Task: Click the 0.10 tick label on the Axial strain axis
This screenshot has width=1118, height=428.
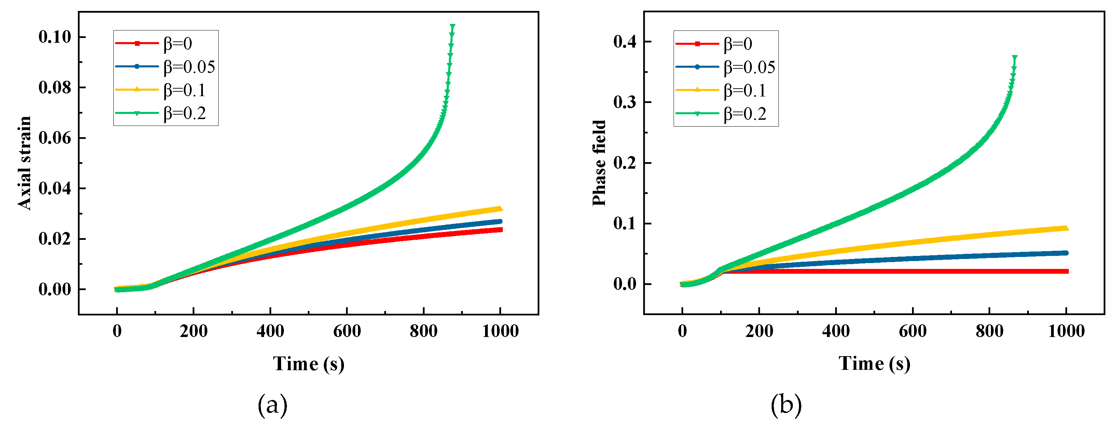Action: point(55,37)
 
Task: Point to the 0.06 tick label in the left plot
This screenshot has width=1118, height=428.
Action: point(55,138)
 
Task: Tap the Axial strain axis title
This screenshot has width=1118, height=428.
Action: point(25,163)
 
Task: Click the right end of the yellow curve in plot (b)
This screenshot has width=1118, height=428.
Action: point(1066,228)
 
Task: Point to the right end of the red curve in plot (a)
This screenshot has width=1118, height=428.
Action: point(500,230)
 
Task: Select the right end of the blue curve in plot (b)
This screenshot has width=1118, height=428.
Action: point(1066,253)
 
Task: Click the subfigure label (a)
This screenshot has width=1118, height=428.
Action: point(273,405)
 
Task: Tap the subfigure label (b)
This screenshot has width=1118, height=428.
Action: point(786,405)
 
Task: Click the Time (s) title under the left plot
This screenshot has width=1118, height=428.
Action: point(308,364)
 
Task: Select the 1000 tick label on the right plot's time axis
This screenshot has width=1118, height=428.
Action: point(1066,331)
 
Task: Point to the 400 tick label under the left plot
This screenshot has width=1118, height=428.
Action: point(270,331)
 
